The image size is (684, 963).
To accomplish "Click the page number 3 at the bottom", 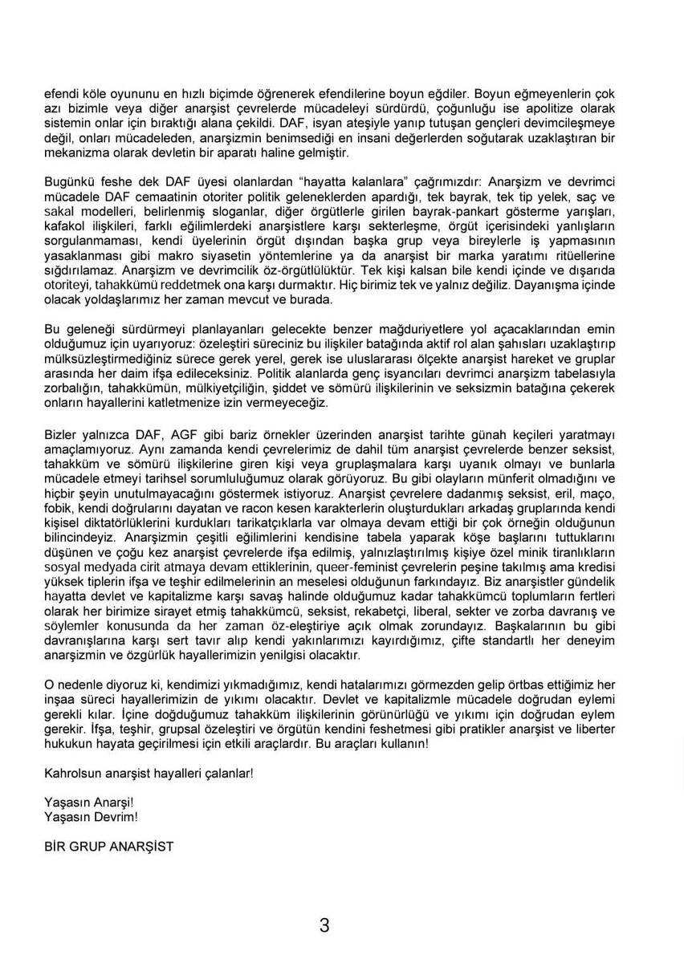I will tap(324, 925).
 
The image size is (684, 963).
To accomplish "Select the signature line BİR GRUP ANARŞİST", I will tap(109, 847).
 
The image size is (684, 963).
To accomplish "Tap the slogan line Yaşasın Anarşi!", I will tap(89, 802).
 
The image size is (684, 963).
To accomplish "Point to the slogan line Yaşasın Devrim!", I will tap(91, 817).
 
